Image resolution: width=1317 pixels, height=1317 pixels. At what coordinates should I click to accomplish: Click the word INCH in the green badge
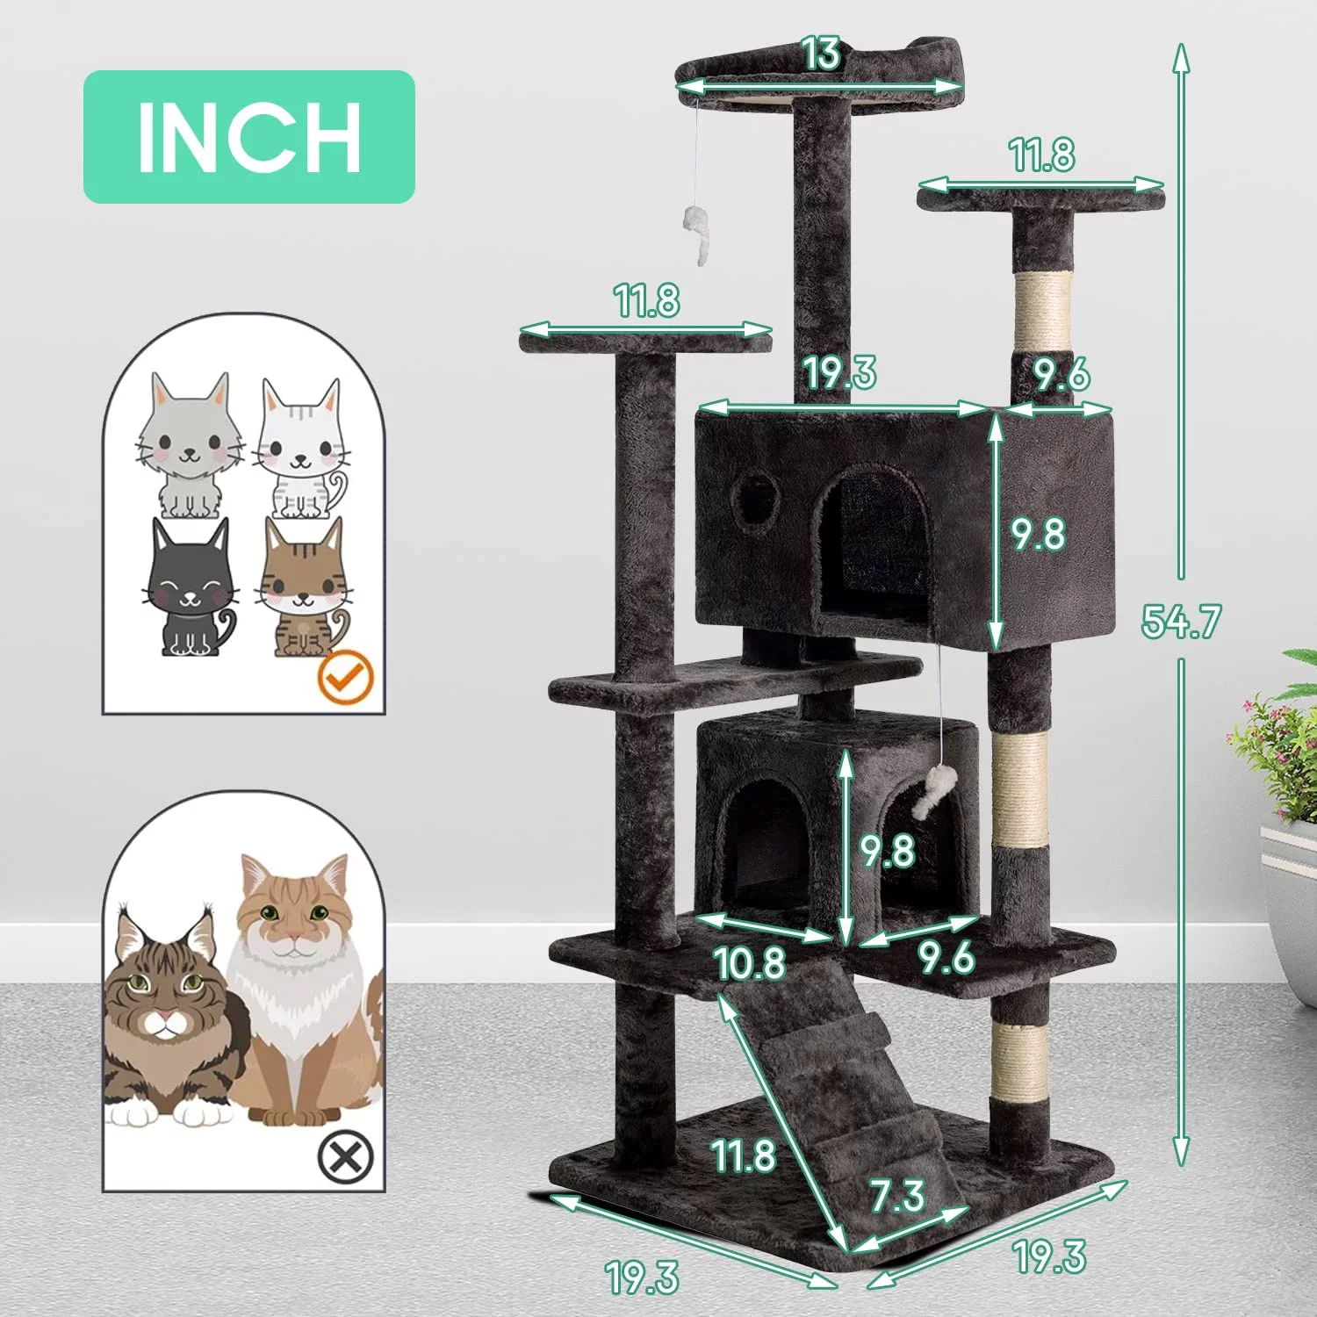(249, 137)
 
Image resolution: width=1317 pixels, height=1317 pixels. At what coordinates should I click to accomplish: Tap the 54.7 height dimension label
(1181, 621)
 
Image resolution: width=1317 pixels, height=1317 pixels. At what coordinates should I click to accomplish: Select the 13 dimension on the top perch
(821, 54)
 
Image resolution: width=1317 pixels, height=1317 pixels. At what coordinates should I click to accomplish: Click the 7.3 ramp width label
(897, 1196)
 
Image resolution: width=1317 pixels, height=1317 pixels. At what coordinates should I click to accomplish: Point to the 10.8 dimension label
(750, 963)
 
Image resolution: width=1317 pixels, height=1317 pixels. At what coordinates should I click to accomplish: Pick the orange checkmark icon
(345, 677)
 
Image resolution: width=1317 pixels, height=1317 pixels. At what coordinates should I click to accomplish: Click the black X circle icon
(345, 1157)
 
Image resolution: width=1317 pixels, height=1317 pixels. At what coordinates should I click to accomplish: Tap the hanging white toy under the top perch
(697, 232)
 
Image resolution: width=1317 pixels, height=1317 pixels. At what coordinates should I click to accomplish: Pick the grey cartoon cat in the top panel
(190, 448)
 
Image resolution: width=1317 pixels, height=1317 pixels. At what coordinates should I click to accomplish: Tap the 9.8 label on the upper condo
(1038, 534)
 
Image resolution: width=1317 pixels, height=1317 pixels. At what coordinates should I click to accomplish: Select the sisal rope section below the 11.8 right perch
(1043, 312)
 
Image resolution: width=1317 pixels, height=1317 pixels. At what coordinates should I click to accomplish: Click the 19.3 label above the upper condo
(840, 372)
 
